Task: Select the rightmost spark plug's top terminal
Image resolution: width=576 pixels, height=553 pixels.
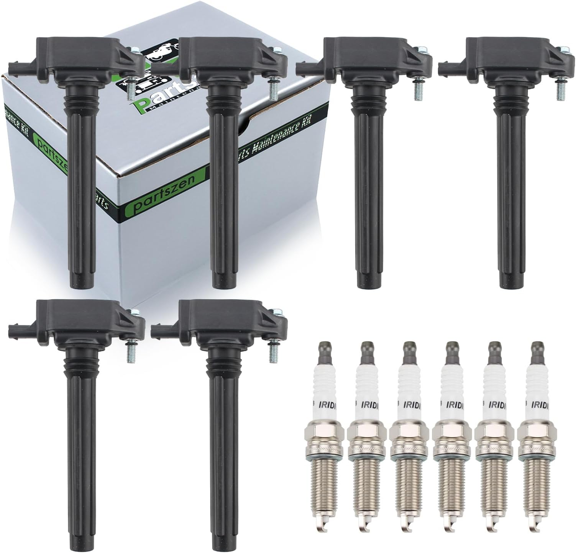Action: (535, 347)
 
